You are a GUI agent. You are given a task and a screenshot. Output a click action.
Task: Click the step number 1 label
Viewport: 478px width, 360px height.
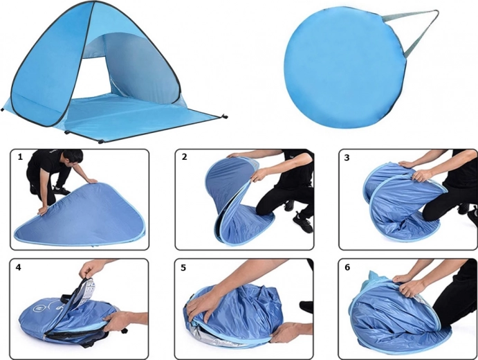(x=20, y=157)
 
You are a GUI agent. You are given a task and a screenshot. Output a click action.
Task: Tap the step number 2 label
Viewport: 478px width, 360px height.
(x=184, y=157)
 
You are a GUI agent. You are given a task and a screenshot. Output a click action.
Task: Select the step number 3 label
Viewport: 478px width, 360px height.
(x=347, y=158)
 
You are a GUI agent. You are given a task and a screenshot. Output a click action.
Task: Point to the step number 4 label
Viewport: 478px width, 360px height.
(x=19, y=267)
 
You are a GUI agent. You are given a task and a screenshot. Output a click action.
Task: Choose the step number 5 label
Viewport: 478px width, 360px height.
(x=183, y=268)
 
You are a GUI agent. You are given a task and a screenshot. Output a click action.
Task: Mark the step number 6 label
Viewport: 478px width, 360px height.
(x=347, y=267)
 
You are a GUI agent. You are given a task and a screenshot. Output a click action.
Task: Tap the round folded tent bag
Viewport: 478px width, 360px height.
(x=344, y=67)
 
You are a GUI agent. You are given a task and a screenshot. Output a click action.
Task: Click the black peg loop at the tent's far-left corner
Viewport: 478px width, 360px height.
(x=3, y=109)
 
